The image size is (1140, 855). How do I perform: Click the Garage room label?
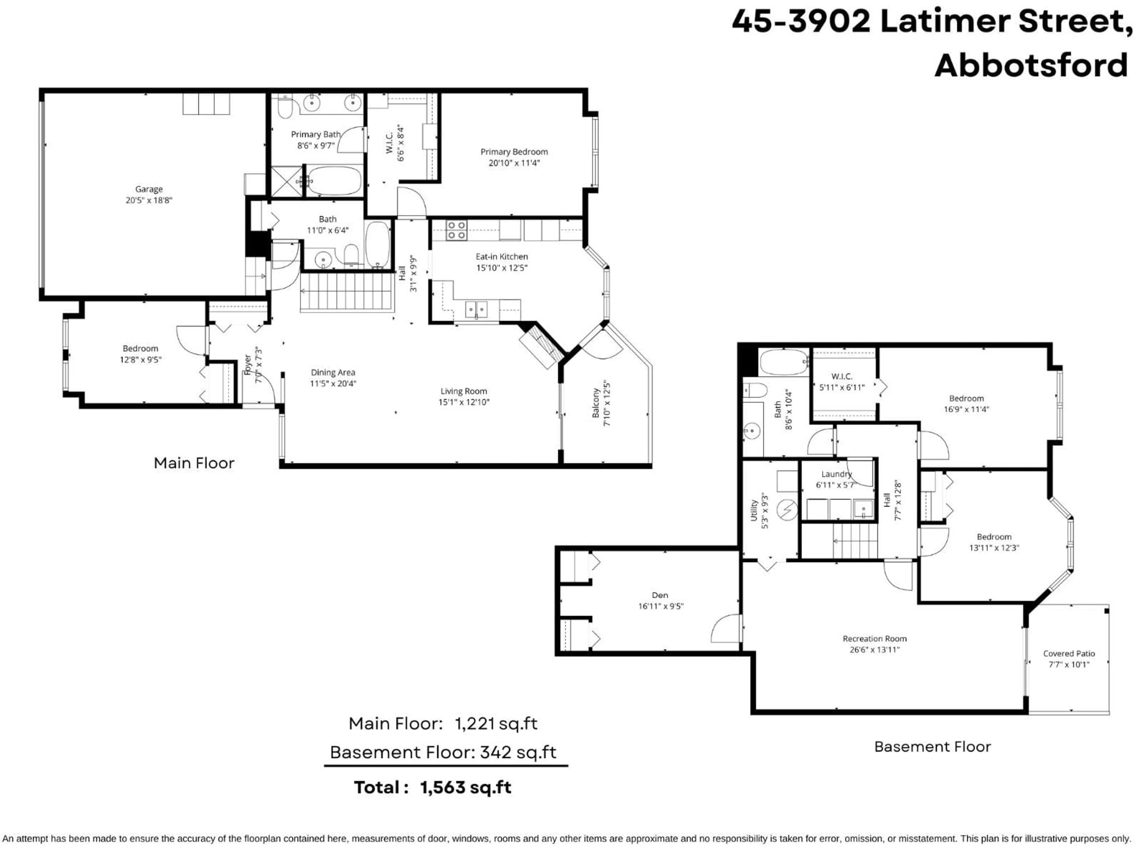tap(149, 189)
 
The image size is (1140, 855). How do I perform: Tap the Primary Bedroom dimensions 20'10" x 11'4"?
tap(514, 163)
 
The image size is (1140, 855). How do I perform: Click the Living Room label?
tap(463, 391)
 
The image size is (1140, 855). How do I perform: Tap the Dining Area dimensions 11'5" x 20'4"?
tap(333, 384)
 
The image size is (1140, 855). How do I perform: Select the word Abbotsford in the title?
tap(1031, 66)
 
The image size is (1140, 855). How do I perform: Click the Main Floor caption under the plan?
tap(194, 463)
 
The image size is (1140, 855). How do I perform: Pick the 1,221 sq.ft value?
tap(496, 723)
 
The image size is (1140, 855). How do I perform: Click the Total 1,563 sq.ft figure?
tap(465, 788)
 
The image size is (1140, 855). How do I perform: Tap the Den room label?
tap(660, 595)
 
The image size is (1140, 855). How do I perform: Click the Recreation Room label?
tap(875, 639)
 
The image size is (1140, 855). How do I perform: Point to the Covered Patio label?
tap(1069, 653)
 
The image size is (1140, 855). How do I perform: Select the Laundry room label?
tap(836, 474)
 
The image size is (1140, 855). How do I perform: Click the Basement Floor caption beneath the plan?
tap(932, 747)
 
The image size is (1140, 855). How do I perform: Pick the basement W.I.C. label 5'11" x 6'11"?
tap(842, 382)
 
